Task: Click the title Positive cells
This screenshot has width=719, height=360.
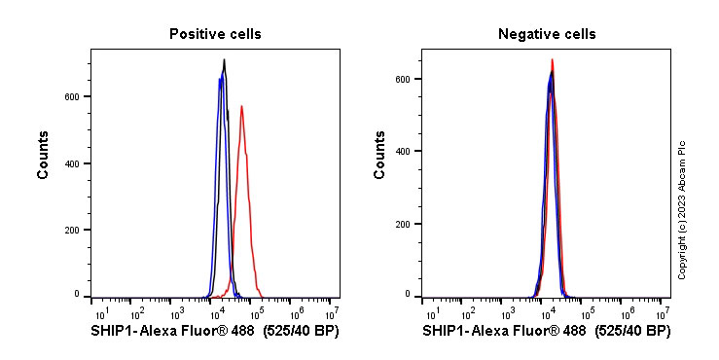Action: [x=215, y=34]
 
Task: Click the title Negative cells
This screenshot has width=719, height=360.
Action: [x=547, y=34]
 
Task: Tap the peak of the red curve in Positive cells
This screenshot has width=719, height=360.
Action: [x=241, y=106]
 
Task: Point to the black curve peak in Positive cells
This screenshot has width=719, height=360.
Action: [x=224, y=60]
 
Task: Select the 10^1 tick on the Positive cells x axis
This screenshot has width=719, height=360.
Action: [x=99, y=312]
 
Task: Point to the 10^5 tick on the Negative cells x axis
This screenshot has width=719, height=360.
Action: [x=587, y=312]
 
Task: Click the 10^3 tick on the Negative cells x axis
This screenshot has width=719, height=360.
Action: [x=508, y=312]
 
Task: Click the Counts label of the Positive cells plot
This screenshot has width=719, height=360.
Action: [x=44, y=156]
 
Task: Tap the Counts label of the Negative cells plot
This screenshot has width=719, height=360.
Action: [x=379, y=156]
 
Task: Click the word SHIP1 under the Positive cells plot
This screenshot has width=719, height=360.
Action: [x=113, y=332]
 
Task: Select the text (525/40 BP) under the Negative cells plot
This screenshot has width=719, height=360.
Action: [x=631, y=332]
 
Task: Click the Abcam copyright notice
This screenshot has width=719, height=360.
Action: [x=682, y=209]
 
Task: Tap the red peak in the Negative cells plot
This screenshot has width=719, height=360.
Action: [x=552, y=59]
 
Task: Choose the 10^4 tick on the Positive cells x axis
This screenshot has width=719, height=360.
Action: [x=216, y=312]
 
